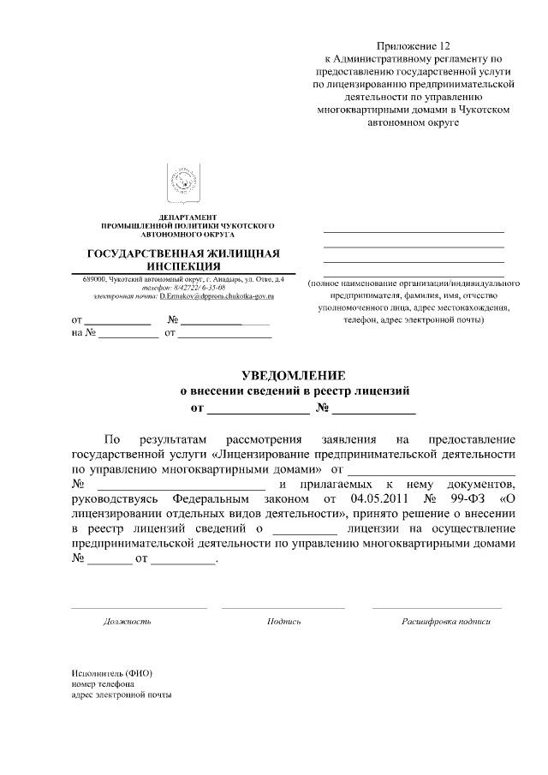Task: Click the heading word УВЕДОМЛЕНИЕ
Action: pyautogui.click(x=294, y=375)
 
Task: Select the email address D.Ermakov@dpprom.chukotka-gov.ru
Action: pyautogui.click(x=216, y=296)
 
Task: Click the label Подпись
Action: pyautogui.click(x=283, y=621)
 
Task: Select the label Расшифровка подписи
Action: pyautogui.click(x=446, y=621)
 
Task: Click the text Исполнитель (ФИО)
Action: pyautogui.click(x=112, y=672)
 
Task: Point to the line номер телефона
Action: pyautogui.click(x=103, y=683)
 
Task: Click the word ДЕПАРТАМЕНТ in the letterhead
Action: pyautogui.click(x=188, y=217)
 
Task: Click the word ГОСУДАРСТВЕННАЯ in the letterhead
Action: pyautogui.click(x=150, y=253)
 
